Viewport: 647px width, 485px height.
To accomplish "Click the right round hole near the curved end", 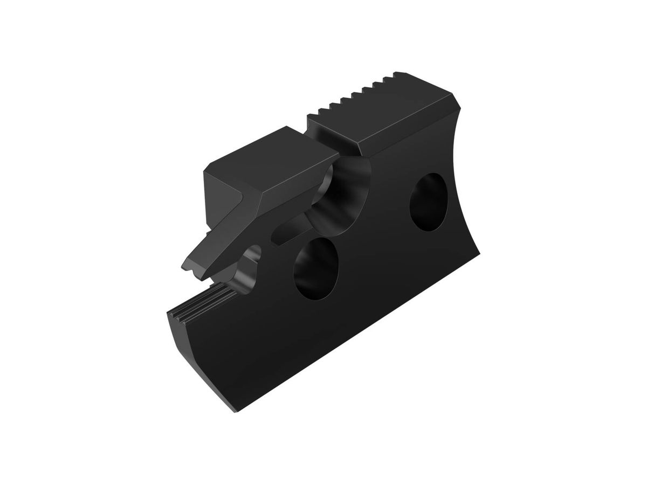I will (431, 201).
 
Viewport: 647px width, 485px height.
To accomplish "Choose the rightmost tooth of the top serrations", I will (400, 74).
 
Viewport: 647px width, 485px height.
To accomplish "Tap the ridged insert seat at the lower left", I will (199, 302).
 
